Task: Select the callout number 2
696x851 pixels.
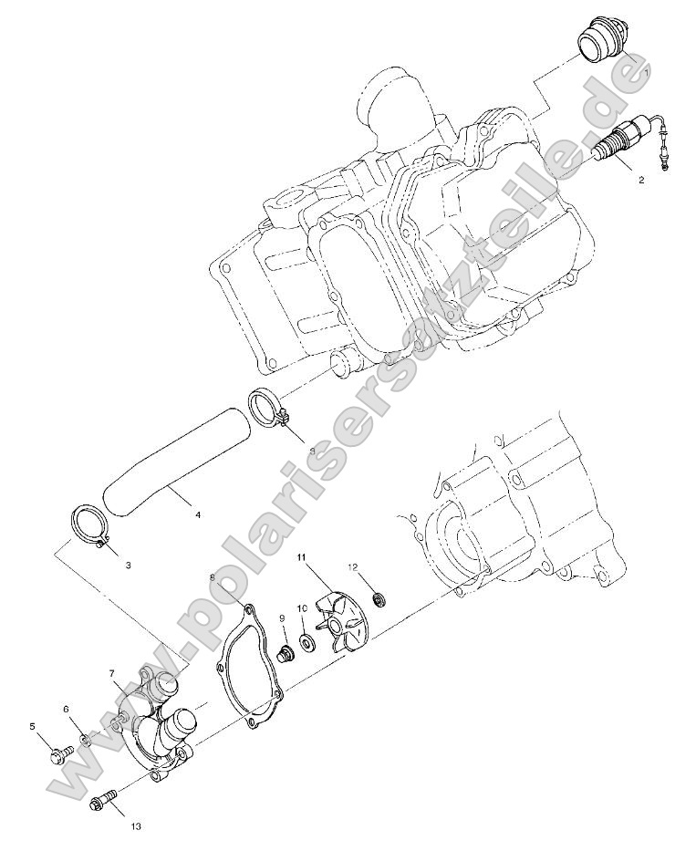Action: point(640,180)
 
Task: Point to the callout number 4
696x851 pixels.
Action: point(198,515)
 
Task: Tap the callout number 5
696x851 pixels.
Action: point(32,726)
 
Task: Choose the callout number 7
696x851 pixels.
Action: point(111,674)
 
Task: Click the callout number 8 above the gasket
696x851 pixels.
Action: point(213,577)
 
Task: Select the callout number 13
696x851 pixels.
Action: point(135,827)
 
